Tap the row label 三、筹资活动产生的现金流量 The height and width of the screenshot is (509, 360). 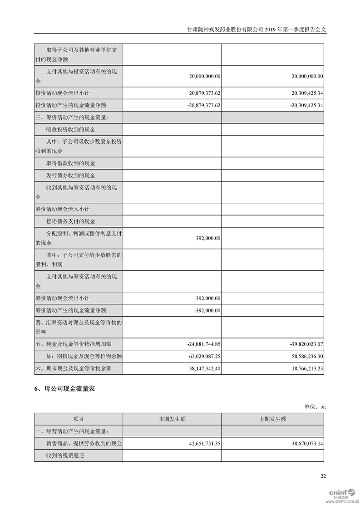72,117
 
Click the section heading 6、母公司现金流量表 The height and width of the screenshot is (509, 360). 64,389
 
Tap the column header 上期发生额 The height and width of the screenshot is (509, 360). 272,419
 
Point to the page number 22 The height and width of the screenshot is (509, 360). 323,476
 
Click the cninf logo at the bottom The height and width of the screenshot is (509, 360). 340,493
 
